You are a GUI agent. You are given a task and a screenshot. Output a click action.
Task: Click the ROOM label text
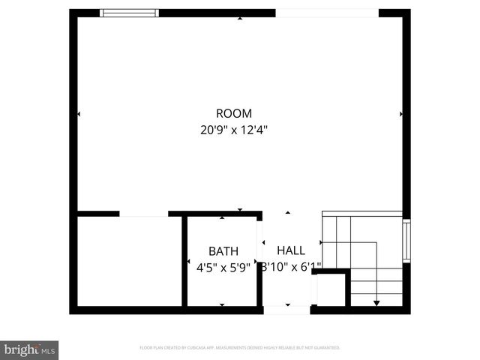(234, 113)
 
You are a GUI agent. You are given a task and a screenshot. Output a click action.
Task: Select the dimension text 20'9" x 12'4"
(234, 129)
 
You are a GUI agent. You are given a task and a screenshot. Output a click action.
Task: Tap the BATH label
(223, 251)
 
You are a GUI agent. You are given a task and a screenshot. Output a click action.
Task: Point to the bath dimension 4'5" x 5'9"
(222, 266)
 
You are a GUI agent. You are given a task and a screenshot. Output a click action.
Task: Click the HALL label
(291, 250)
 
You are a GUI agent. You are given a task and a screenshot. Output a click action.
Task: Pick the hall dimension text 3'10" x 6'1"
(291, 266)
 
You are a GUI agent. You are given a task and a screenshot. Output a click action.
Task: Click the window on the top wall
(130, 13)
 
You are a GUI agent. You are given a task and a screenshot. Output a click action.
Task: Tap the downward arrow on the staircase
(376, 302)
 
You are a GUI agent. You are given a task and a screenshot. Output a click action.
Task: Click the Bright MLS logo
(30, 349)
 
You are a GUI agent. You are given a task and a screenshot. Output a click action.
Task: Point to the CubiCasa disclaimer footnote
(240, 348)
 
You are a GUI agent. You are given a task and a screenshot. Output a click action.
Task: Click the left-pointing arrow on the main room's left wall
(79, 114)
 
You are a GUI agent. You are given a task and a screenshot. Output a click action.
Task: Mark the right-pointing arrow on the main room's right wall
(402, 114)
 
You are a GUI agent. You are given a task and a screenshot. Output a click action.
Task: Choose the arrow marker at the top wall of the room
(240, 18)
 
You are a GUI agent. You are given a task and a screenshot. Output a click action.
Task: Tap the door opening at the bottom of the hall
(286, 309)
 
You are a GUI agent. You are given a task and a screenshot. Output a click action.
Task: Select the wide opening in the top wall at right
(327, 13)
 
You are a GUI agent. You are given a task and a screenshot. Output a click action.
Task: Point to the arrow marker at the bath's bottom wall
(222, 304)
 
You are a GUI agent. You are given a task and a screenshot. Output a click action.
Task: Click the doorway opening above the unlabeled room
(144, 214)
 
